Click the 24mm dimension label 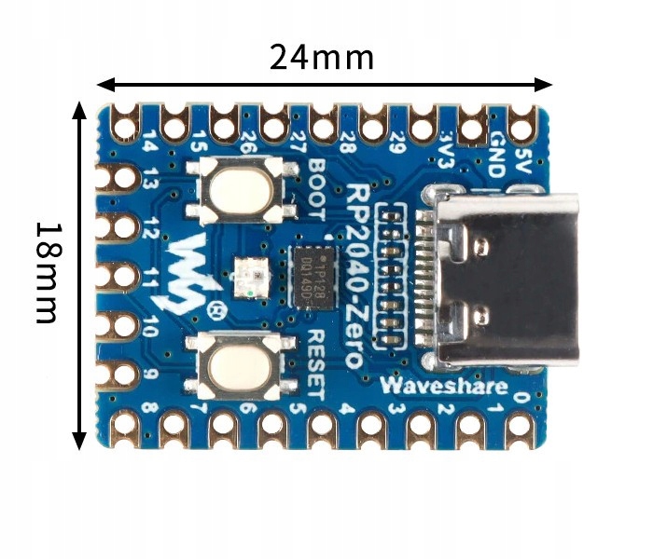[x=322, y=58]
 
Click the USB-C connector [x=499, y=278]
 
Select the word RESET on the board [x=315, y=363]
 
